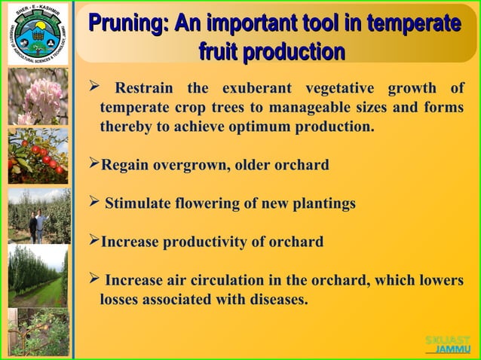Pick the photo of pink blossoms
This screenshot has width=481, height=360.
pyautogui.click(x=37, y=96)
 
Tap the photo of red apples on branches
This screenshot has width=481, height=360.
pyautogui.click(x=37, y=155)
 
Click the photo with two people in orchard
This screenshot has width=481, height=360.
pyautogui.click(x=37, y=215)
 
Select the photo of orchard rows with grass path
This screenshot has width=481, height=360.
pyautogui.click(x=37, y=274)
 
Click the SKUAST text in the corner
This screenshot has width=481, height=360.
pyautogui.click(x=447, y=340)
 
